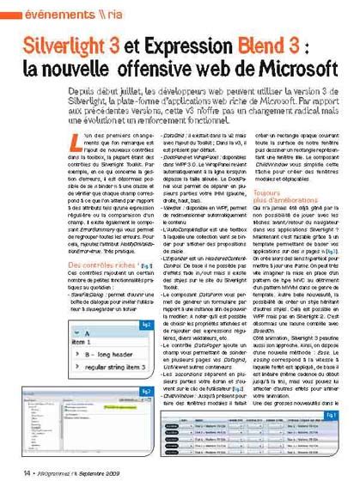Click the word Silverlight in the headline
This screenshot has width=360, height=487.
tap(68, 46)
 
